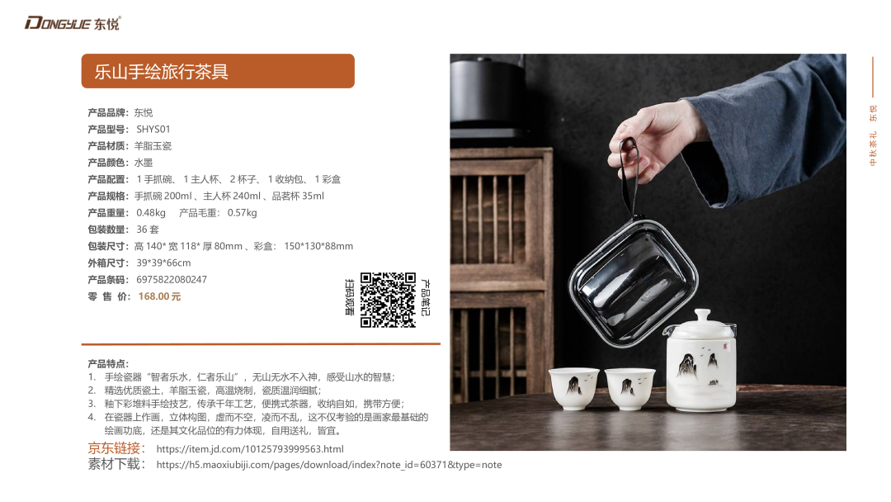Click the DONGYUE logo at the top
point(72,23)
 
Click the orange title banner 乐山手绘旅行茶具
point(218,71)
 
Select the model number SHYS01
point(153,129)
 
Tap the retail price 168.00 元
point(159,296)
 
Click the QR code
point(388,301)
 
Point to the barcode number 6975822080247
point(172,280)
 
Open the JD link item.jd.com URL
point(250,449)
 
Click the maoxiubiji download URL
point(329,465)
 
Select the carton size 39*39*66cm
point(163,263)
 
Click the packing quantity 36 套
point(148,229)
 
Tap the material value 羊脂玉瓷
point(153,146)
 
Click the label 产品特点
point(108,364)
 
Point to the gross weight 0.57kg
point(242,213)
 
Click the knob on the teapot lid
point(703,315)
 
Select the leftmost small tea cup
point(573,388)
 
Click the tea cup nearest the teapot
point(629,389)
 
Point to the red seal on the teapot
point(725,346)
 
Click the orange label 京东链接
point(116,448)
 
